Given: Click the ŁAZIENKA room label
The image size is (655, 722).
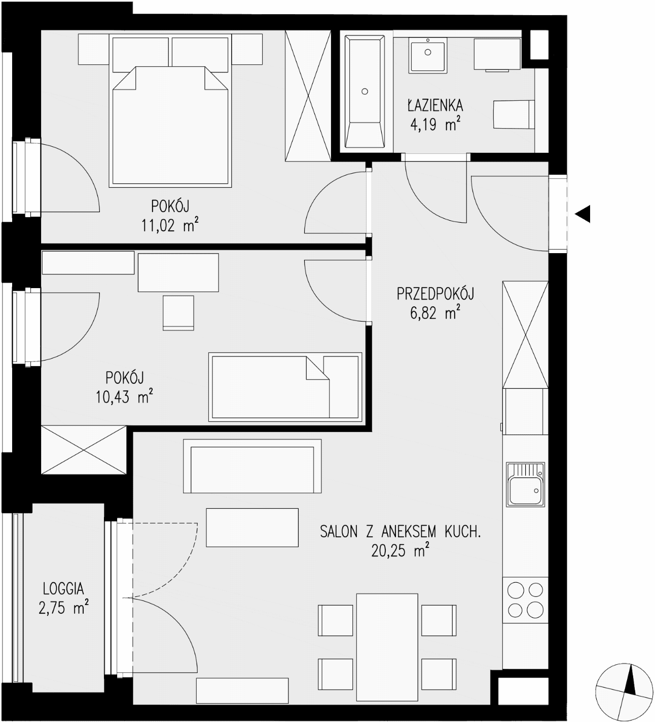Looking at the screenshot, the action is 435,105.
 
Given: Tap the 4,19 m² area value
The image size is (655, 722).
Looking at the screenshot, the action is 435,125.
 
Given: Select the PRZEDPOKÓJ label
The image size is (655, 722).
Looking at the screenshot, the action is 435,294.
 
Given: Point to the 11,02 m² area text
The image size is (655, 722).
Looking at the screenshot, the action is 170,225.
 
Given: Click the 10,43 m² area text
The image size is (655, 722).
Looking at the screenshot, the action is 124,396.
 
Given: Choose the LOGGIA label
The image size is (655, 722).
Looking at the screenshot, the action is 63,589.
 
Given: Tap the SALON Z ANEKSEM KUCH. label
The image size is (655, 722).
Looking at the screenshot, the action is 401,532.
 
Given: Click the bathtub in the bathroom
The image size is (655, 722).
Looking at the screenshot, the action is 365,92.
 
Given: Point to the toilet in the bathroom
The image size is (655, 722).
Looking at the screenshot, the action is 514,114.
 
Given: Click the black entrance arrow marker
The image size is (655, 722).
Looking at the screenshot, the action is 583,214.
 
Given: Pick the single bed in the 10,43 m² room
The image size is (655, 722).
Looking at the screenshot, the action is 285,387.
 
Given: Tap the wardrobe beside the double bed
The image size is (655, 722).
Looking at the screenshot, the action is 308,96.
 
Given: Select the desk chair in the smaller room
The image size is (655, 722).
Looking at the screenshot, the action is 178,313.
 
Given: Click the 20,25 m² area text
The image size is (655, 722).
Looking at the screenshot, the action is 400,551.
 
